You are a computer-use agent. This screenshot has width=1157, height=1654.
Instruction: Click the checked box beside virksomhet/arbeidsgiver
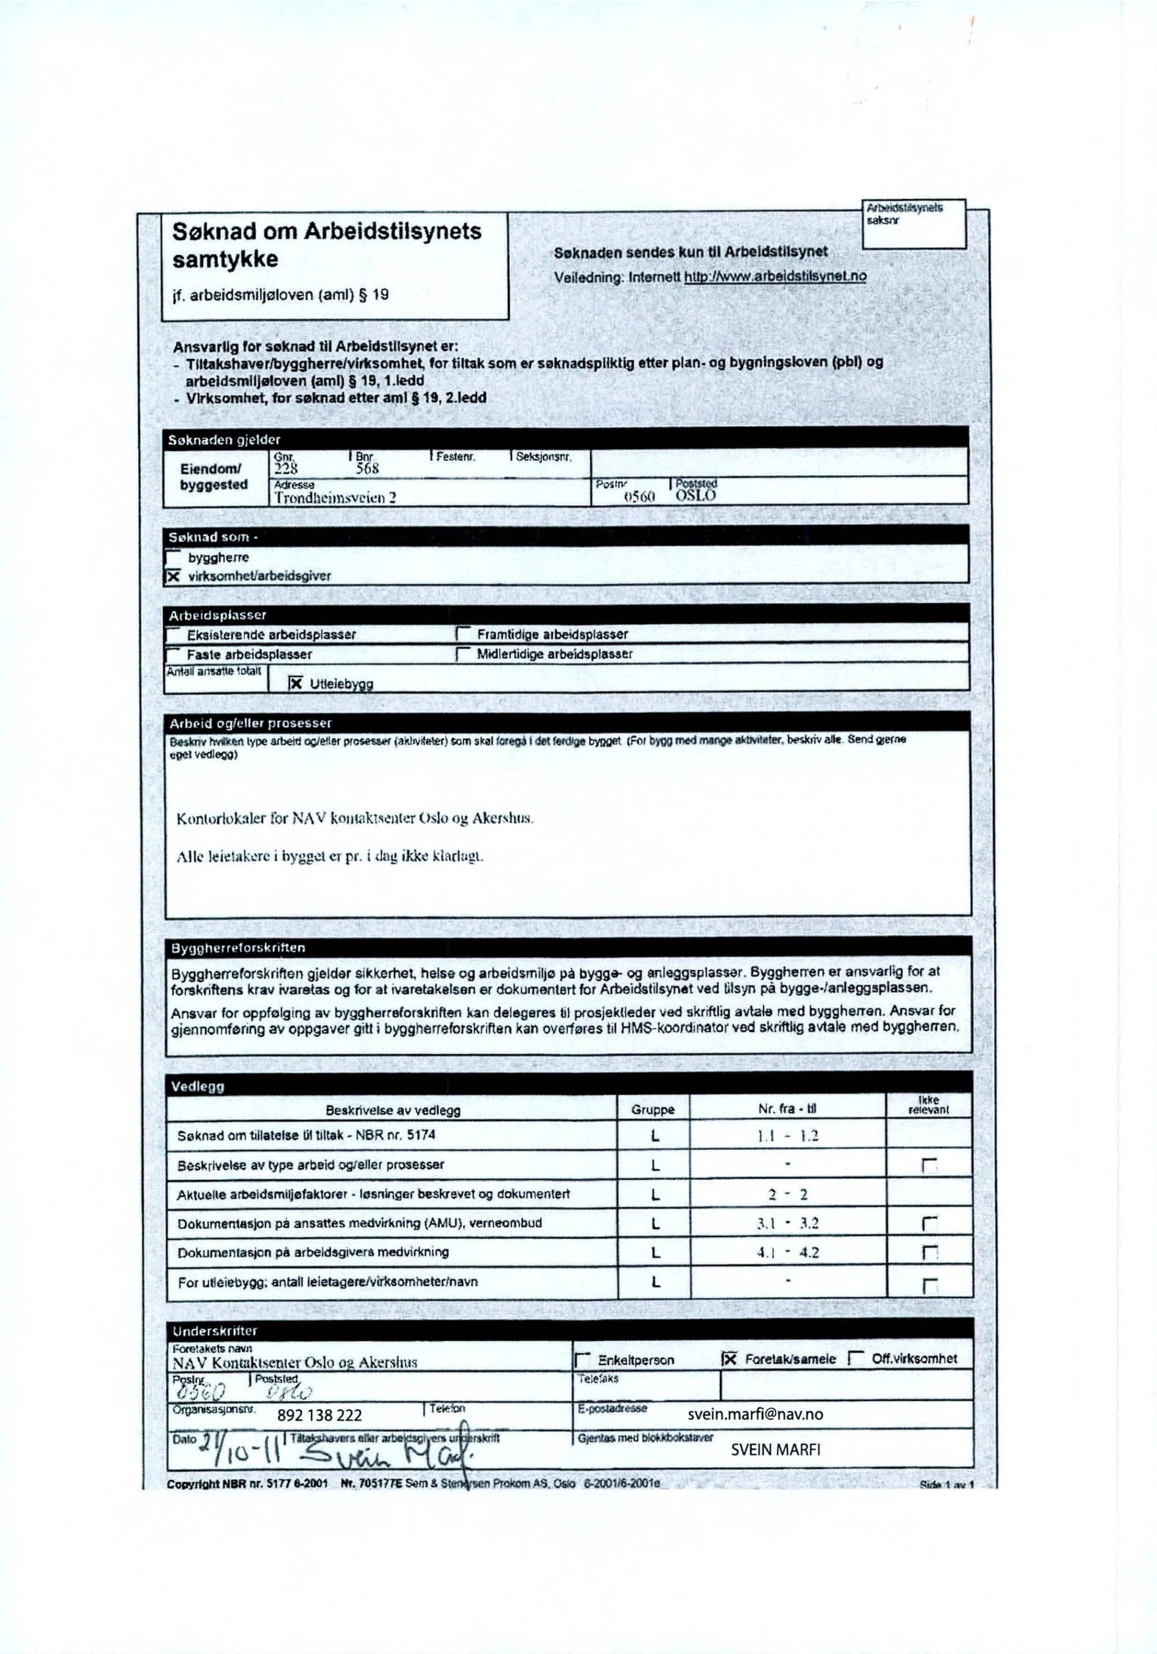click(x=173, y=575)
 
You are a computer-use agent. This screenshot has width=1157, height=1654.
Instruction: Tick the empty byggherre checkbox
click(x=173, y=557)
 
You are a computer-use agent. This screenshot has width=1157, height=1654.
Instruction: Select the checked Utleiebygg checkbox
click(x=295, y=683)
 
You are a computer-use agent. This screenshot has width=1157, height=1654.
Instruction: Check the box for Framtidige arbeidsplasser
click(x=463, y=634)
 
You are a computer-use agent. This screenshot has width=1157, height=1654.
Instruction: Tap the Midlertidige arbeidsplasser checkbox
click(x=463, y=655)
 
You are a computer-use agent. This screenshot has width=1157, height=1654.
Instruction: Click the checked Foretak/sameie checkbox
click(x=730, y=1358)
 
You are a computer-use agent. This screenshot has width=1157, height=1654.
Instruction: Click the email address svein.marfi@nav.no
click(x=755, y=1414)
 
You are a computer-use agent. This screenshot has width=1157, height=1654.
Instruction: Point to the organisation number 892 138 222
click(x=319, y=1415)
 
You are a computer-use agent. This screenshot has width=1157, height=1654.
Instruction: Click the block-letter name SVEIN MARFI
click(x=775, y=1450)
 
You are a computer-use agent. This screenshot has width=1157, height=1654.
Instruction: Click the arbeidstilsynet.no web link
click(x=775, y=277)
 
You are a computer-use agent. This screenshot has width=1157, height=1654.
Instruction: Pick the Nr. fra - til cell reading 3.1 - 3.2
click(x=787, y=1223)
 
